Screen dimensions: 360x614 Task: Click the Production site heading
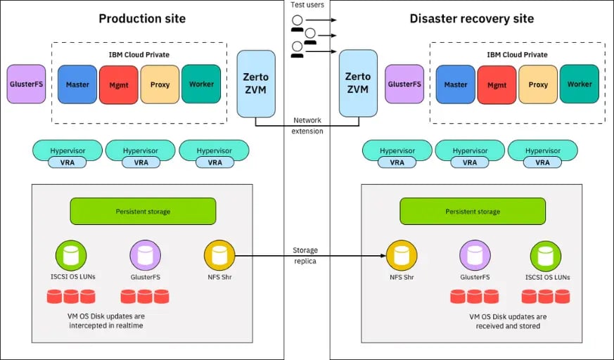pos(142,18)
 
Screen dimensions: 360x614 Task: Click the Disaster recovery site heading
pos(471,18)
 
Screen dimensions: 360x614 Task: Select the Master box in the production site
pos(77,84)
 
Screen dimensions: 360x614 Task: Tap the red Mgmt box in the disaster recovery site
pos(497,84)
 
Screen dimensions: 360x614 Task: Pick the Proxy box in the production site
pos(160,84)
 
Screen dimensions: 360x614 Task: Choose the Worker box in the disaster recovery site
pos(580,84)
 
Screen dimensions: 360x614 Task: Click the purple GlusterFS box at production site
pos(26,84)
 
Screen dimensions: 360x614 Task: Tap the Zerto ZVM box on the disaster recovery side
pos(357,84)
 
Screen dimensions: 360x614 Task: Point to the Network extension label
pos(307,126)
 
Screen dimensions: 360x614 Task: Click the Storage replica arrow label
pos(307,255)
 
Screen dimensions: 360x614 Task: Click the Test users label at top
pos(307,6)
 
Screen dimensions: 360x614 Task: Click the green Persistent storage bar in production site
pos(143,211)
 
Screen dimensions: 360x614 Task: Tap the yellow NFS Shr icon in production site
pos(219,255)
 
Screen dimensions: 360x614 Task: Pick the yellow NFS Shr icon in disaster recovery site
pos(400,255)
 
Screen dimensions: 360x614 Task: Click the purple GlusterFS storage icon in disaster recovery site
pos(474,255)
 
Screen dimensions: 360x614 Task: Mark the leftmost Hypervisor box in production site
pos(68,150)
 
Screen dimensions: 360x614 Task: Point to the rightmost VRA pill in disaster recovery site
pos(543,162)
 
